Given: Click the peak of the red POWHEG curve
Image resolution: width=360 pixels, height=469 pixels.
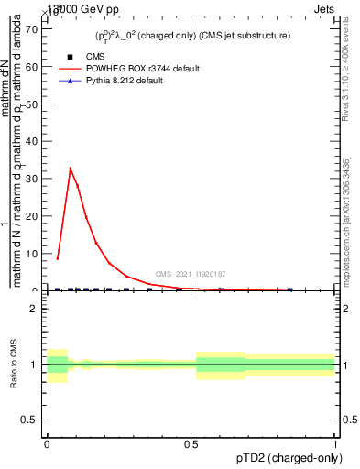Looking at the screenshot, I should tap(71, 168).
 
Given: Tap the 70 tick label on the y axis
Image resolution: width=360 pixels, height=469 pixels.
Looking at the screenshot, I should tap(30, 28).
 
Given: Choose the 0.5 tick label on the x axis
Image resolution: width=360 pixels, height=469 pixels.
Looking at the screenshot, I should tap(191, 443).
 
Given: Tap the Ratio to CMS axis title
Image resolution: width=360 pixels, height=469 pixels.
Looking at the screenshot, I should tap(16, 364).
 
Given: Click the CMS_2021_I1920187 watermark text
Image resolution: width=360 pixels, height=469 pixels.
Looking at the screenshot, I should tap(191, 274).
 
